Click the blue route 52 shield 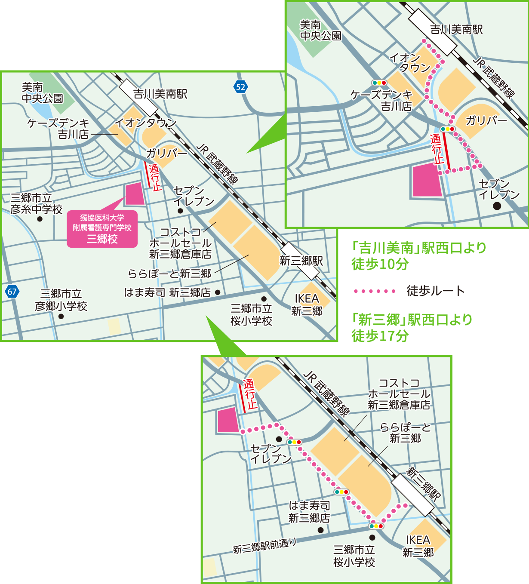click(x=240, y=87)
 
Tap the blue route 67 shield click(x=12, y=292)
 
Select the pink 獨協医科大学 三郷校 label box click(x=102, y=229)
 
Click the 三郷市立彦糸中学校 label click(x=37, y=204)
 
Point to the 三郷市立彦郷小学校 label click(x=61, y=300)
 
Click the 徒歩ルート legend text click(x=436, y=291)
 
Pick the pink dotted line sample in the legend click(x=374, y=291)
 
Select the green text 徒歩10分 click(x=380, y=264)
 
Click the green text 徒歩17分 click(x=380, y=335)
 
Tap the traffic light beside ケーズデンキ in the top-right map click(x=379, y=83)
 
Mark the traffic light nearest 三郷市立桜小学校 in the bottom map click(x=376, y=526)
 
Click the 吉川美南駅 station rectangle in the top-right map click(x=432, y=32)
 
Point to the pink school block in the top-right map click(x=428, y=181)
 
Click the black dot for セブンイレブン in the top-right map click(x=497, y=206)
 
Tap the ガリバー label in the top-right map click(x=486, y=120)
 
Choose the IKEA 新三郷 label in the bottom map click(x=418, y=546)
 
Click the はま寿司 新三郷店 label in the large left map click(x=167, y=292)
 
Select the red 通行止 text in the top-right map click(x=437, y=149)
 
